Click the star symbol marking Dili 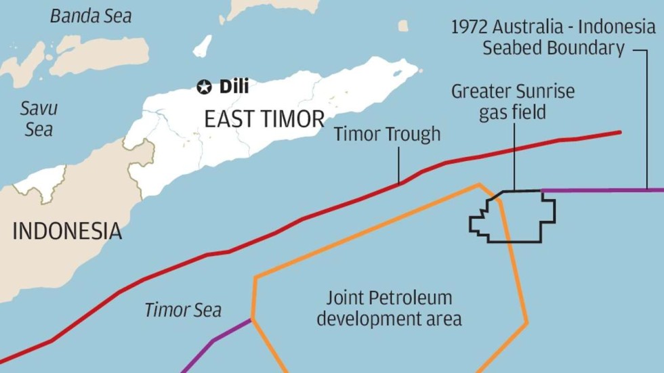tap(204, 87)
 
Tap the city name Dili tap(234, 87)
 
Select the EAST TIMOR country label tap(264, 120)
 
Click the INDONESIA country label tap(67, 232)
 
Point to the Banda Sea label tap(91, 16)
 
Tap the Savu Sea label tap(39, 118)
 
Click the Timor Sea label tap(183, 310)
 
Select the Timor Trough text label tap(387, 134)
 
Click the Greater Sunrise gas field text tap(512, 101)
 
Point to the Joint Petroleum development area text tap(389, 308)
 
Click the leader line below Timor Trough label tap(398, 164)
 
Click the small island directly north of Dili tap(202, 46)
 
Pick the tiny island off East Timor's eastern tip tap(403, 26)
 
